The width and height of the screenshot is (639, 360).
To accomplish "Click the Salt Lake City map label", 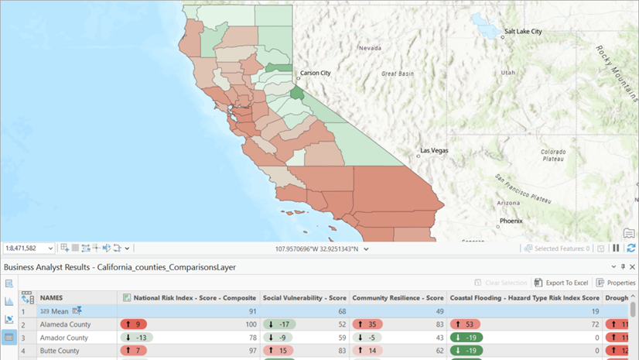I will click(x=522, y=32).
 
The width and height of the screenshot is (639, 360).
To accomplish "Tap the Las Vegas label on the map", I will click(x=434, y=149).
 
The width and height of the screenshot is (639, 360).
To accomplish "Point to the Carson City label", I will click(x=315, y=73).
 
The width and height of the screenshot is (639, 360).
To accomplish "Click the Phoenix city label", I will click(x=511, y=221).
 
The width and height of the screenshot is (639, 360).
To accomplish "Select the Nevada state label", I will click(x=369, y=48).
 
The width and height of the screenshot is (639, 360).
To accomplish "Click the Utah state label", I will click(x=507, y=72).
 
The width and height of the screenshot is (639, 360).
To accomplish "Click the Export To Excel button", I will click(x=562, y=283).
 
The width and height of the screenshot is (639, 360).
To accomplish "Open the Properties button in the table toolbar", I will click(x=615, y=283).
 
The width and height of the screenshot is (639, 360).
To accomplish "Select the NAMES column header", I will click(x=51, y=297).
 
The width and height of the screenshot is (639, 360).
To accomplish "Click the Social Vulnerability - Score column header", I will click(x=304, y=297).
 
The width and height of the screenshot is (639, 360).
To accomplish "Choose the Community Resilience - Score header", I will click(x=398, y=297).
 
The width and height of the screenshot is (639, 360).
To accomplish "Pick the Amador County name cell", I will click(x=64, y=338).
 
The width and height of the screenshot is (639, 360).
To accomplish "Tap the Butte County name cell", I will click(x=60, y=351).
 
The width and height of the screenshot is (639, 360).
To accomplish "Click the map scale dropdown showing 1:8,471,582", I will click(x=29, y=249).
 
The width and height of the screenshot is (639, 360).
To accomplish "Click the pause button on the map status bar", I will click(x=617, y=249).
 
